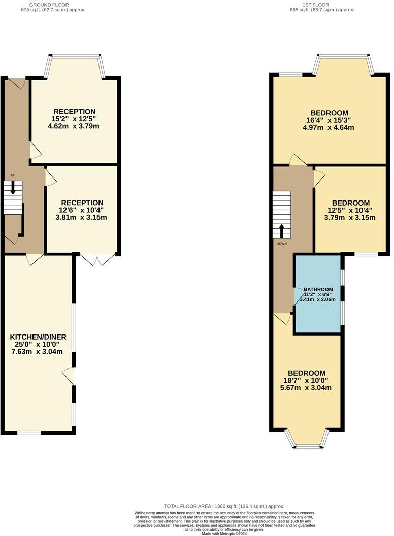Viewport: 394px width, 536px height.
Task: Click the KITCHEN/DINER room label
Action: [38, 337]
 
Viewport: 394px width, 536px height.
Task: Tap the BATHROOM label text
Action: [318, 289]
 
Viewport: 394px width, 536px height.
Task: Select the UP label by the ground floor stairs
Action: [13, 175]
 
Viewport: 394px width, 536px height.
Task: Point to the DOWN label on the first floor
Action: [282, 244]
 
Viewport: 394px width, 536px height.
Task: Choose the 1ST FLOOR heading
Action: [315, 5]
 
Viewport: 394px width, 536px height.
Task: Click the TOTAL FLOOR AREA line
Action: [224, 506]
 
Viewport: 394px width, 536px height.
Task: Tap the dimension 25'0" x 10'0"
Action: [38, 344]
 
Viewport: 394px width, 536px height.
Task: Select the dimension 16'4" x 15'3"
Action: [329, 120]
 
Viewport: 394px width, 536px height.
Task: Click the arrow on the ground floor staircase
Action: [13, 189]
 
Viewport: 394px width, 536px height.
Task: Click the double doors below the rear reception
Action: [98, 259]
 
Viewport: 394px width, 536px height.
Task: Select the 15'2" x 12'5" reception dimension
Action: [75, 119]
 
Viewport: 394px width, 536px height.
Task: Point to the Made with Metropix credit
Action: [224, 533]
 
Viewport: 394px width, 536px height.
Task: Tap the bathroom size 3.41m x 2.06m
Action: [318, 300]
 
